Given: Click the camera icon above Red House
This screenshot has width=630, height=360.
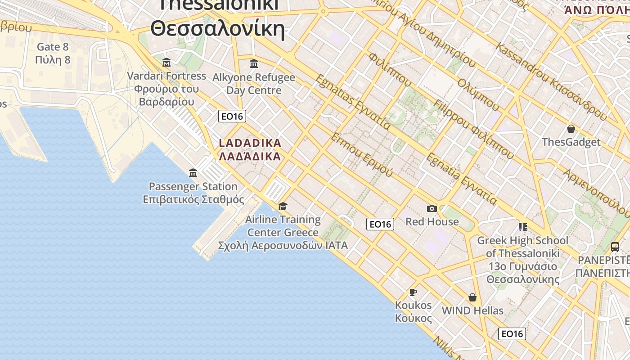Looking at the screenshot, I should click(x=432, y=208).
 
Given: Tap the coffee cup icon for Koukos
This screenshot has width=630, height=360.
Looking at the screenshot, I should click(x=413, y=292).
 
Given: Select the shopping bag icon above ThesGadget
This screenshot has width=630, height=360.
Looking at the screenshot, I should click(x=571, y=129).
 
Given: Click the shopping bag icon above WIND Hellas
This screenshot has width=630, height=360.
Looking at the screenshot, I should click(x=472, y=297).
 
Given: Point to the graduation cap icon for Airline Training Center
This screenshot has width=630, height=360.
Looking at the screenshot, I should click(x=283, y=207).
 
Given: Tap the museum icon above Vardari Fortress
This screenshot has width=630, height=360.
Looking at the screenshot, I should click(x=166, y=62).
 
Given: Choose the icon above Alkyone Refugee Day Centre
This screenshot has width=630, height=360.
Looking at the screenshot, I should click(x=254, y=63).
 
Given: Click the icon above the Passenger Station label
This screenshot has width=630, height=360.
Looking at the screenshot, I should click(x=193, y=173).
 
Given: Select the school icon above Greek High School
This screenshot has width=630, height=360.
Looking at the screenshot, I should click(x=522, y=227).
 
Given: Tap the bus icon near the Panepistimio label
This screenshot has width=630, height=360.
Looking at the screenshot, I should click(x=615, y=247).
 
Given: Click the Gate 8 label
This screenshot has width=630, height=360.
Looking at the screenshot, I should click(x=53, y=47).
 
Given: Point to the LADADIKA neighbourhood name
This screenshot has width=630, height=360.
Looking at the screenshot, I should click(x=250, y=144).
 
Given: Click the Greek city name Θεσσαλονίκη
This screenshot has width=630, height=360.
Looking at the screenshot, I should click(x=218, y=29).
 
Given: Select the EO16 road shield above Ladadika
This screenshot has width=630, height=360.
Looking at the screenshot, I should click(x=232, y=116).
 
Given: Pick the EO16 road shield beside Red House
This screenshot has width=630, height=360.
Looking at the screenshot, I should click(x=380, y=224).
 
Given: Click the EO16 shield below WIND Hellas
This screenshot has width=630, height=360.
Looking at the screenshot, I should click(x=512, y=333).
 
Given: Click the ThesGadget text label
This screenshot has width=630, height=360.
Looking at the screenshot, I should click(x=571, y=142).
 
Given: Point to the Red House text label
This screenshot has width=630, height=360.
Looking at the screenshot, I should click(x=432, y=221).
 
